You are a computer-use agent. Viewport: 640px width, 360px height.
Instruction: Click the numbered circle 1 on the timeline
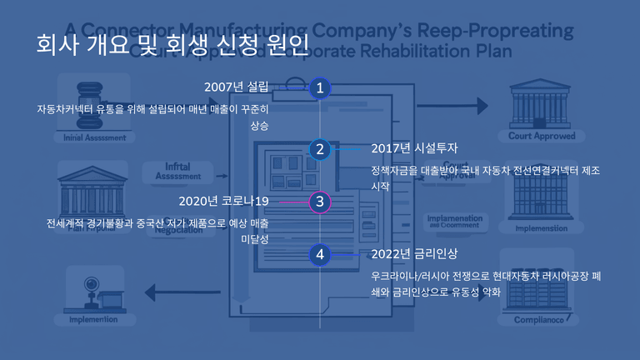point(320,87)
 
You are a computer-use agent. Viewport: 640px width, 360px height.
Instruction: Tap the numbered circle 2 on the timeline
point(320,149)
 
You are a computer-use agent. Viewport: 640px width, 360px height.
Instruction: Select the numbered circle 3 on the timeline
point(320,202)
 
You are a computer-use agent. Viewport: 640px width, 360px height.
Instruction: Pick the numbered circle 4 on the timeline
point(320,254)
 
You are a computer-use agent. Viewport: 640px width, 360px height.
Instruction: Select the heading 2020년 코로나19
point(223,201)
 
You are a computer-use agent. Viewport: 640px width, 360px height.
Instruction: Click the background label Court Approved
point(542,136)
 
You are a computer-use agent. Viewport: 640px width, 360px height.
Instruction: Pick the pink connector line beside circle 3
point(292,202)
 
